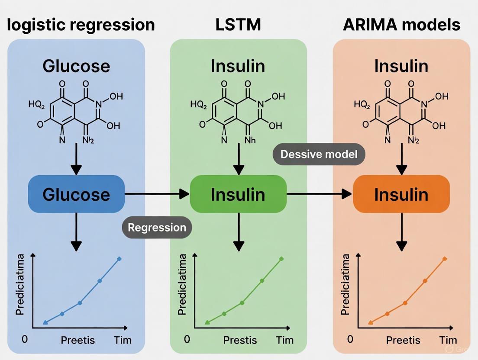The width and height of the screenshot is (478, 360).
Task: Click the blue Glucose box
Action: (76, 194)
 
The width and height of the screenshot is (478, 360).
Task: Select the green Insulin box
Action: (238, 194)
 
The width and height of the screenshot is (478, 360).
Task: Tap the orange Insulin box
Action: (401, 194)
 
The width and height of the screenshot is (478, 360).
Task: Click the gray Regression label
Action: (156, 228)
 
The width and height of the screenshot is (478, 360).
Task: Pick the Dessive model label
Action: (319, 154)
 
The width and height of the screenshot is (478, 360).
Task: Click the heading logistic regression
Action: (81, 25)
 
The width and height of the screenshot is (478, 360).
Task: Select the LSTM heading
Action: (238, 25)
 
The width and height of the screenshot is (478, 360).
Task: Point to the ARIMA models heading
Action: (401, 25)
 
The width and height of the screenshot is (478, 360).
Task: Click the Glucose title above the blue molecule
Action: (76, 66)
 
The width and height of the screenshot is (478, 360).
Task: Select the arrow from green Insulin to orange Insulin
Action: (319, 194)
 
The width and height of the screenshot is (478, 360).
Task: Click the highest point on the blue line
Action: (119, 259)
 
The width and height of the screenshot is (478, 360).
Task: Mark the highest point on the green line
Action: (281, 259)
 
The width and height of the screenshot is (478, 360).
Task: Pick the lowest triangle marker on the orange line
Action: (370, 322)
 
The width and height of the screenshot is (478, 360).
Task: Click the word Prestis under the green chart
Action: (240, 340)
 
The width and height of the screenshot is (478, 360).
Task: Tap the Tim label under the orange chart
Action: (448, 340)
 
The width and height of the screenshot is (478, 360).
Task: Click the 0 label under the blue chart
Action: (25, 339)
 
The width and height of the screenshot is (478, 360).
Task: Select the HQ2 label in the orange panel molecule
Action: (362, 104)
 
